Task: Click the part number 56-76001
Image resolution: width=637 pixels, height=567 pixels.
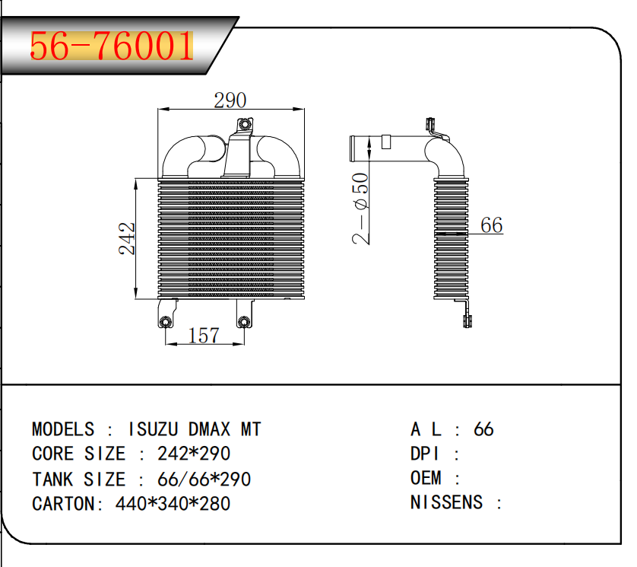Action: coord(111,47)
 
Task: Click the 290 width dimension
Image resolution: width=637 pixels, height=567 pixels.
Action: coord(230,100)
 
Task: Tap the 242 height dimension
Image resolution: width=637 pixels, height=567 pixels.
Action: coord(128,237)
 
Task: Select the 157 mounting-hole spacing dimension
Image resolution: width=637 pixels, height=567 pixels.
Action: coord(203,335)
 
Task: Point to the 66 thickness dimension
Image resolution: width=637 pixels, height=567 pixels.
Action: coord(492,225)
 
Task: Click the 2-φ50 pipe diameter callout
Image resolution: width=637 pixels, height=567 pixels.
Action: coord(362,209)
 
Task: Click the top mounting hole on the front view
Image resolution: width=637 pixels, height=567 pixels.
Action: coord(244,125)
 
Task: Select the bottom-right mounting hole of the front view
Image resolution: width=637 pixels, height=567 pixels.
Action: coord(243,322)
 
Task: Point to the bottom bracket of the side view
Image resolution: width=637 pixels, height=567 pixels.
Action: coord(467,315)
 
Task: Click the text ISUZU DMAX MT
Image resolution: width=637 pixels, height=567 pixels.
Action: coord(195,429)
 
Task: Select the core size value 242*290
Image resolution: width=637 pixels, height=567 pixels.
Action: coord(194,454)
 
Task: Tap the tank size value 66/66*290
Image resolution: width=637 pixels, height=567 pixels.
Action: coord(204,479)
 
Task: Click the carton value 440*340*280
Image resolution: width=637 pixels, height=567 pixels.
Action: coord(173,504)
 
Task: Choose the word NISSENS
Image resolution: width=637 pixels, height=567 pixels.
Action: coord(446,502)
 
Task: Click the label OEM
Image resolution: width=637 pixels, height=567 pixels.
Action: coord(426,478)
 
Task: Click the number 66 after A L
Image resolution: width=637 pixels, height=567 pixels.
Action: coord(483,429)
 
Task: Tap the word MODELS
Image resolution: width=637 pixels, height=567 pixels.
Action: coord(64,429)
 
